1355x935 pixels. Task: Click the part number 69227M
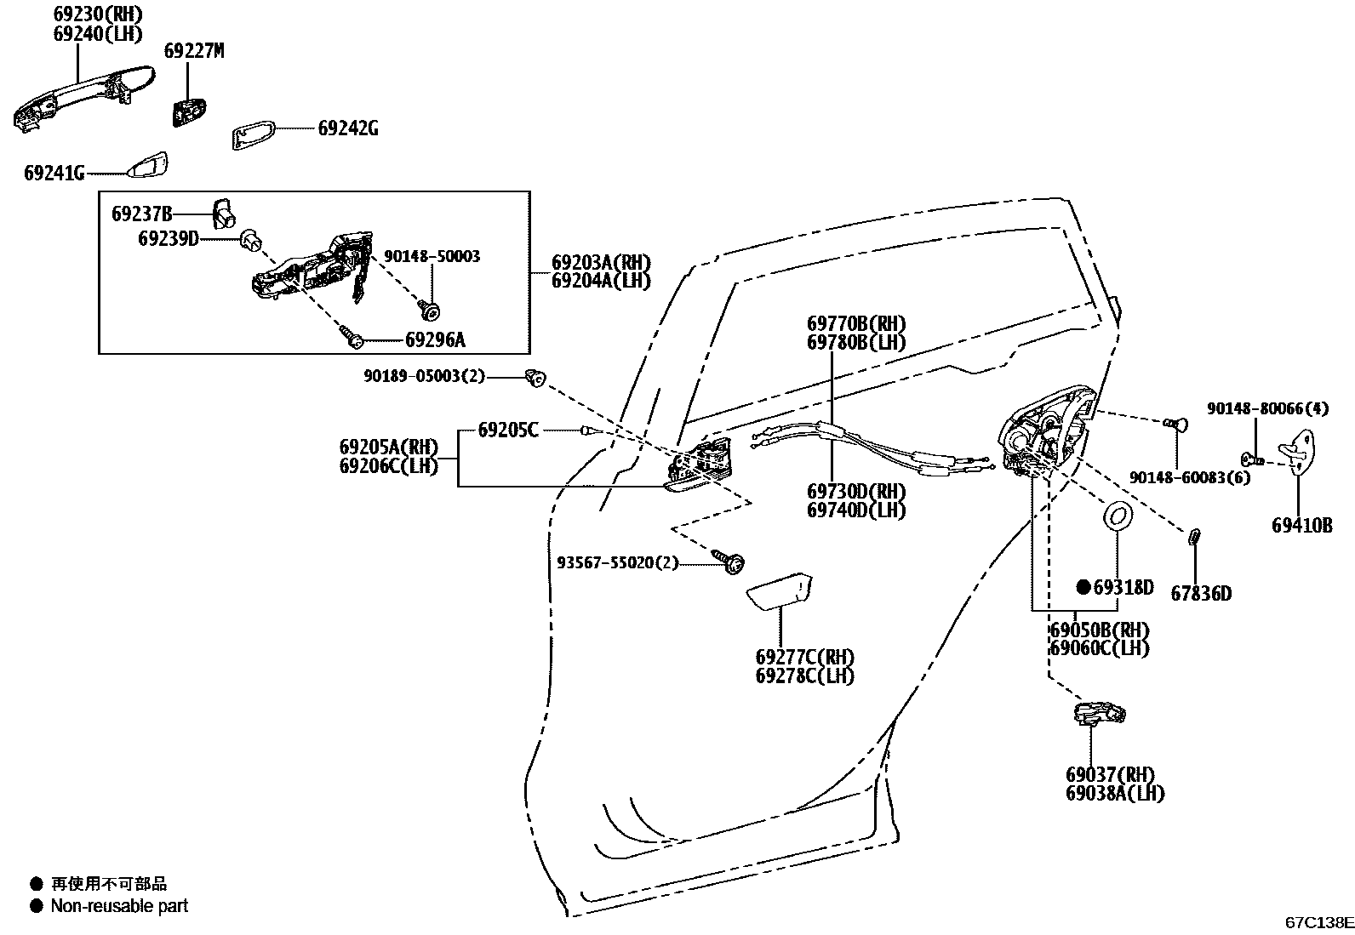[193, 51]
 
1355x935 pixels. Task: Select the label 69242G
[347, 128]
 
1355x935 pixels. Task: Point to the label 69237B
[141, 214]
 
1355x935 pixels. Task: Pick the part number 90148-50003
[432, 256]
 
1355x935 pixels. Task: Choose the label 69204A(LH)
[600, 281]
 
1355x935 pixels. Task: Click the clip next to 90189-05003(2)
[535, 377]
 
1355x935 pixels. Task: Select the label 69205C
[507, 430]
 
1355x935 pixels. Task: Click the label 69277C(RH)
[803, 658]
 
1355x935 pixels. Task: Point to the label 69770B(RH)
[855, 324]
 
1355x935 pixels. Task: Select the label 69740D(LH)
[855, 510]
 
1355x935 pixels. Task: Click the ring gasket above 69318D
[1117, 516]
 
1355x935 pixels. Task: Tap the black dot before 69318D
[1083, 587]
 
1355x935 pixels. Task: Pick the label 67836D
[1200, 594]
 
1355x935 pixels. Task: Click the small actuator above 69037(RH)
[1098, 713]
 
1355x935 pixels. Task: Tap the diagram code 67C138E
[1318, 921]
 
